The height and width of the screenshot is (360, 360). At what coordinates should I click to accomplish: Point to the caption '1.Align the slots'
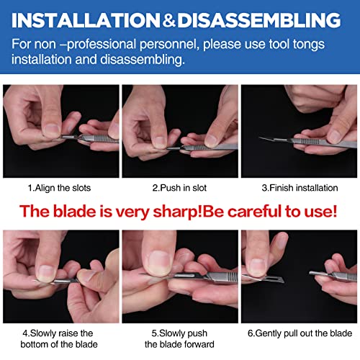[60, 188]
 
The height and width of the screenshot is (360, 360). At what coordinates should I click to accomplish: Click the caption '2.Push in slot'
[179, 188]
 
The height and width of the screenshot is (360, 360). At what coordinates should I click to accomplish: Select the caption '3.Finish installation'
[300, 188]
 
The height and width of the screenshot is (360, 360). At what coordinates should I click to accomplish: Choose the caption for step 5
[179, 338]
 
